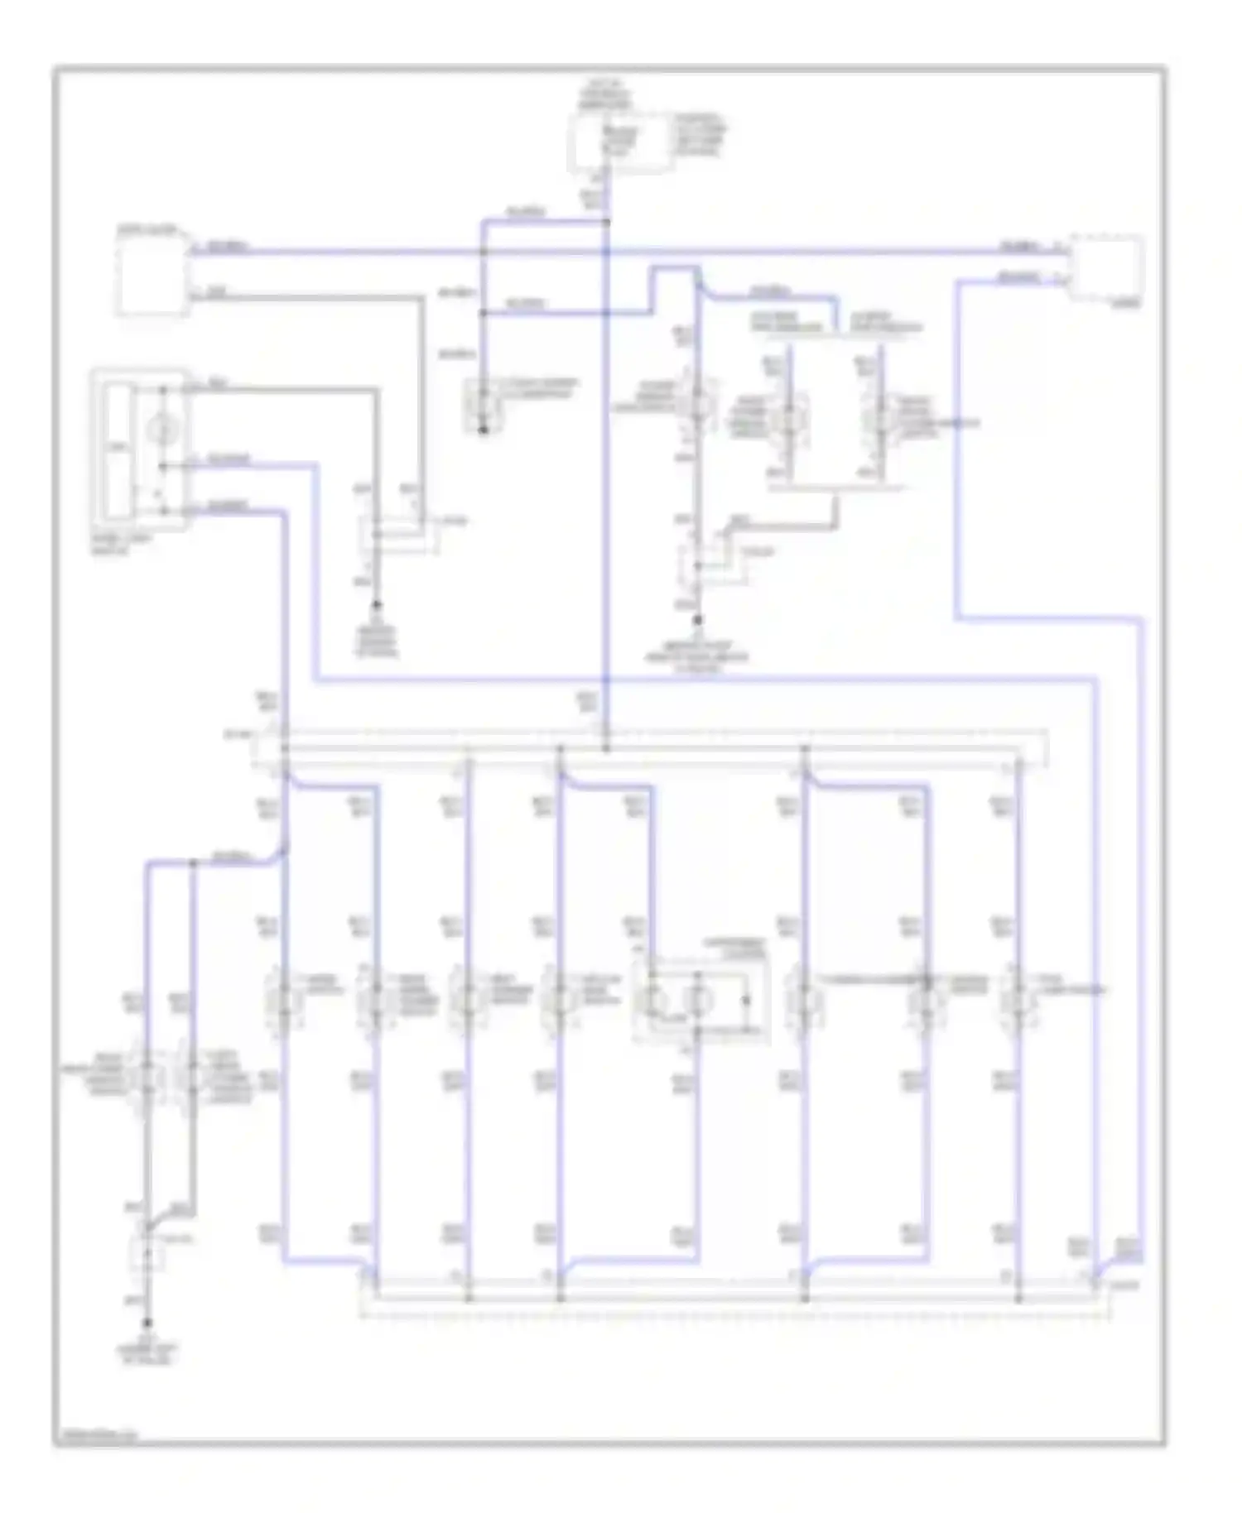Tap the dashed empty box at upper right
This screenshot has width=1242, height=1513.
coord(1108,267)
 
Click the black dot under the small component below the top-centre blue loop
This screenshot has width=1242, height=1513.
coord(484,430)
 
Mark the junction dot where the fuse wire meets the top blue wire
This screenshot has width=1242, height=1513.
coord(607,221)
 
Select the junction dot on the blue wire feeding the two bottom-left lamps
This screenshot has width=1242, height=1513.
coord(194,863)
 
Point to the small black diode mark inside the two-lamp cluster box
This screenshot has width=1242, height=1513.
coord(746,1000)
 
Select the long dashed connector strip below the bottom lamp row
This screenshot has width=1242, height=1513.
coord(733,1298)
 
